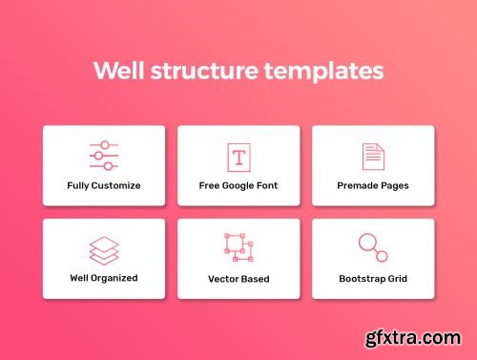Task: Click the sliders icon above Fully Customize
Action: tap(103, 156)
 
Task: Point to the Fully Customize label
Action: tap(103, 185)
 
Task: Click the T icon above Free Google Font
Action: tap(238, 157)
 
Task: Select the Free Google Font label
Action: tap(238, 185)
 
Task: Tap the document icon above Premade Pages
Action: tap(372, 156)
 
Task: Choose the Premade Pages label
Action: tap(373, 185)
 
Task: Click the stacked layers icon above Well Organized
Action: tap(103, 249)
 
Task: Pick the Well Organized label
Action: tap(103, 278)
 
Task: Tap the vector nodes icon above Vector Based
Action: tap(238, 247)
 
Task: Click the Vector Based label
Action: tap(238, 279)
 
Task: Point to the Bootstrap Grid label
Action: tap(373, 279)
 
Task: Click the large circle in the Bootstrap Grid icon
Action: tap(366, 243)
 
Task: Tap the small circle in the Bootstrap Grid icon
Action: tap(382, 256)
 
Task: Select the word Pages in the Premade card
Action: tap(393, 185)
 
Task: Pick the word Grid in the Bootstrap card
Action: tap(396, 279)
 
